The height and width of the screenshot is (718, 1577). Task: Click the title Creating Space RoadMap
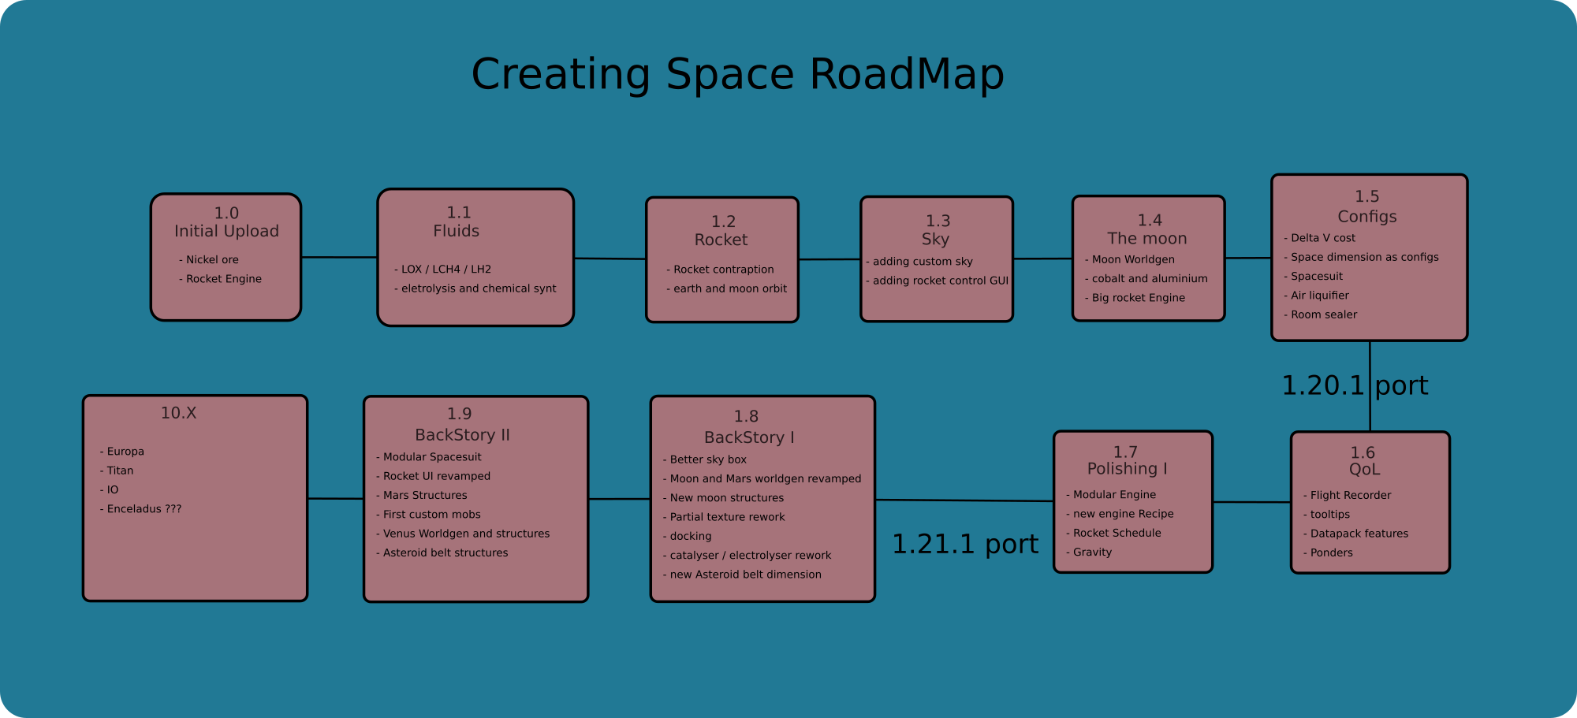(x=737, y=75)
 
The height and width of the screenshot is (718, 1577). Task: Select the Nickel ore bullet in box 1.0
(x=212, y=260)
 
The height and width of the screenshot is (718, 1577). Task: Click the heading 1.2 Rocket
(x=721, y=231)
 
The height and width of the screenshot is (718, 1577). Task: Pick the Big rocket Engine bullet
(x=1138, y=298)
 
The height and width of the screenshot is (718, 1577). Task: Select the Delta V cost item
(x=1322, y=238)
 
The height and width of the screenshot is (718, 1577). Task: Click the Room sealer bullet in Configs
(x=1323, y=314)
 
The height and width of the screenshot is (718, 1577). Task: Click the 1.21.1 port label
(x=964, y=544)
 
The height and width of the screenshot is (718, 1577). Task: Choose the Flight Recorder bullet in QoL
(x=1350, y=496)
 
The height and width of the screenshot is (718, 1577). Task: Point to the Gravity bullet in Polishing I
(x=1092, y=552)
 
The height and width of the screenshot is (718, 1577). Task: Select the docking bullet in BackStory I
(x=690, y=537)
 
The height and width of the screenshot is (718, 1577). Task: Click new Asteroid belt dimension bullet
(x=745, y=575)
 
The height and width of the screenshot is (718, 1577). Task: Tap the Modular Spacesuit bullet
(x=431, y=457)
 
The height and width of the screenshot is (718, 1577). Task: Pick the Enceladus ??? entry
(x=144, y=509)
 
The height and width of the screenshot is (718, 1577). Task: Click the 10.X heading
(x=179, y=413)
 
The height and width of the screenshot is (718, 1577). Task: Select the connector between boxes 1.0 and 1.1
(x=339, y=257)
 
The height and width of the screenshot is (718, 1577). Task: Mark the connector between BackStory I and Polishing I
(x=964, y=500)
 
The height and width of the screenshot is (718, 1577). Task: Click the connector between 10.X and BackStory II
(x=335, y=498)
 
